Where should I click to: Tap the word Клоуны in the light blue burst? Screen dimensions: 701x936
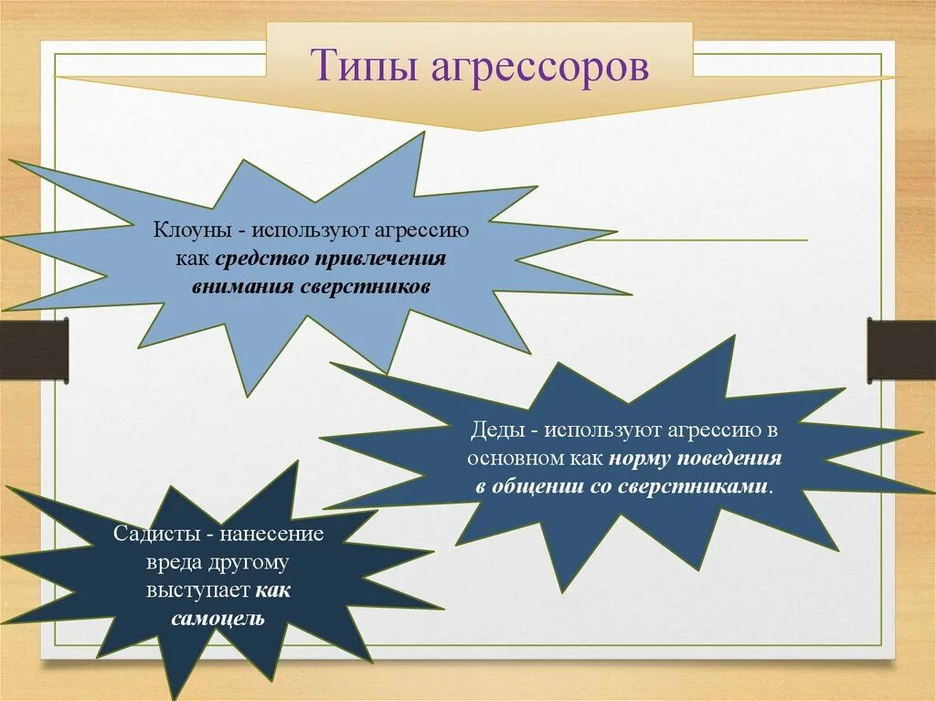189,230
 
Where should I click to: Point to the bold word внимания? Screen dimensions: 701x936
241,286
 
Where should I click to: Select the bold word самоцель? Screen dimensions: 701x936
218,619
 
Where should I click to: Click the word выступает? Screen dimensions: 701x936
197,590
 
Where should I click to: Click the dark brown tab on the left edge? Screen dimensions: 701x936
34,348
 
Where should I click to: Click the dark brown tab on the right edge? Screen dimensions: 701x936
901,348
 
